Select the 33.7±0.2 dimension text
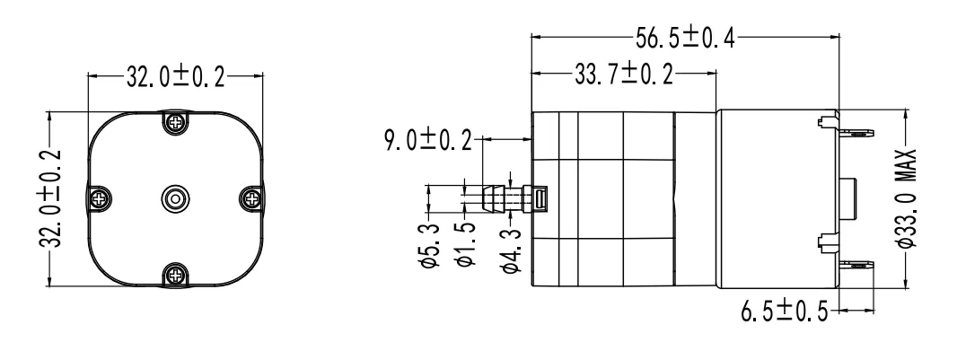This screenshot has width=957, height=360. click(622, 75)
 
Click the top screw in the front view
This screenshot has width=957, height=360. click(174, 121)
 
